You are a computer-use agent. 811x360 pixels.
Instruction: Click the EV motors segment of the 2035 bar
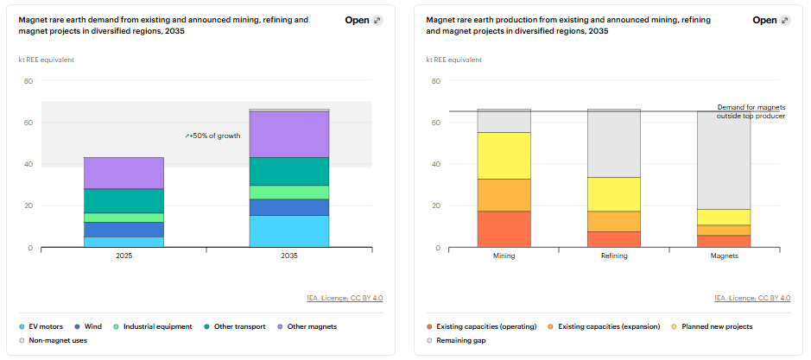point(289,231)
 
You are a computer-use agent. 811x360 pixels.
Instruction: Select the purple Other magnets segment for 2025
point(124,173)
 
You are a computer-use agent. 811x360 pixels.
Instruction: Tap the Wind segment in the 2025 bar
point(124,230)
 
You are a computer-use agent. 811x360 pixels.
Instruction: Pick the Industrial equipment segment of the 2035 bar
point(289,193)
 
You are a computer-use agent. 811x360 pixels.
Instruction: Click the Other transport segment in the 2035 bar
point(289,171)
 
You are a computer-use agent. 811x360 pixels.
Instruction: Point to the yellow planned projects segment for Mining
point(504,155)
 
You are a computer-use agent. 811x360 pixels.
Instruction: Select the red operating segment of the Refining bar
point(614,239)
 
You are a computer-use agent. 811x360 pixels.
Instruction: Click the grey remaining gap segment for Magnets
point(724,161)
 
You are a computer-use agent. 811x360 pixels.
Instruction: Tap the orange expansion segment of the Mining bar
point(504,195)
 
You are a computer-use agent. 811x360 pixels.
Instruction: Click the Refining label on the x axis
point(614,256)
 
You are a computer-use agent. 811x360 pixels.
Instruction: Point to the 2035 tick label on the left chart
point(289,256)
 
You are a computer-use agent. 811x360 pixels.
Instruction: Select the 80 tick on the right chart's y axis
point(436,80)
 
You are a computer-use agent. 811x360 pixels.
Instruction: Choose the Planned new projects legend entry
point(713,326)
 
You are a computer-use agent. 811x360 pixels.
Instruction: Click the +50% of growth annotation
point(212,136)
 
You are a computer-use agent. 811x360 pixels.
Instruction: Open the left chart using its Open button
point(364,20)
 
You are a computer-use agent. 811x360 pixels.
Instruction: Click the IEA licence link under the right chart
point(752,298)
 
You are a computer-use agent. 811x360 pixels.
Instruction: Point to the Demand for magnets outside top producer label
point(751,111)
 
